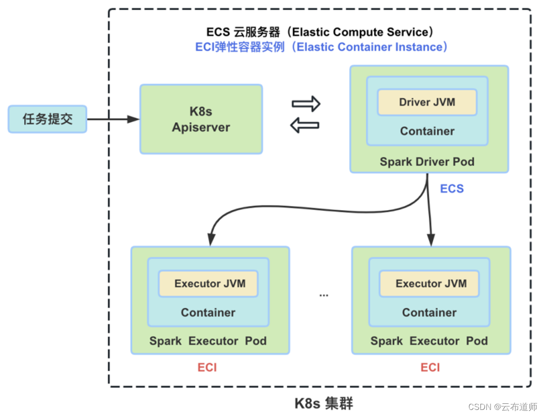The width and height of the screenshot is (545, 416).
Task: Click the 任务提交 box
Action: pyautogui.click(x=47, y=119)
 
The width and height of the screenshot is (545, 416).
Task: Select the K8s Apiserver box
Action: pyautogui.click(x=201, y=119)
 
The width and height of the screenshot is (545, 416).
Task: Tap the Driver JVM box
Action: pyautogui.click(x=427, y=102)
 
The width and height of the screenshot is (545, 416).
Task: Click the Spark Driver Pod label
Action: pyautogui.click(x=427, y=162)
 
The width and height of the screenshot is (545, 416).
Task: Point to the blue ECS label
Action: pyautogui.click(x=452, y=189)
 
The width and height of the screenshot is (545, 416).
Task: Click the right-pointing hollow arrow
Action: pyautogui.click(x=306, y=103)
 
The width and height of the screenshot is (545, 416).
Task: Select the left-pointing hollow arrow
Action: pyautogui.click(x=306, y=126)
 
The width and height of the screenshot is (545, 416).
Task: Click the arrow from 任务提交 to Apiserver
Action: pyautogui.click(x=113, y=119)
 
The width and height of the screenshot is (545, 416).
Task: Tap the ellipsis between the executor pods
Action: pyautogui.click(x=323, y=295)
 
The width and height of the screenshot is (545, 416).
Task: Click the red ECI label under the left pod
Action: pyautogui.click(x=207, y=368)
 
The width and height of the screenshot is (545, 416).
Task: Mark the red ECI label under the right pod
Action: pyautogui.click(x=430, y=368)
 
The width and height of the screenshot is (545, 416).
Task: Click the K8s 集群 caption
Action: pyautogui.click(x=323, y=404)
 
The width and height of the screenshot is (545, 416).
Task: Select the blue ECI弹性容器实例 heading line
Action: pyautogui.click(x=321, y=47)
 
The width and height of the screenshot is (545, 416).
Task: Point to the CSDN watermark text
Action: pyautogui.click(x=503, y=407)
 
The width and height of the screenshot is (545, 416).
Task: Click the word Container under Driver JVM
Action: pyautogui.click(x=427, y=131)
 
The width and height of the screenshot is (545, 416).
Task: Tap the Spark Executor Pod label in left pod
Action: pyautogui.click(x=208, y=341)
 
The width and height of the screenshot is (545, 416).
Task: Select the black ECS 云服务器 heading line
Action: pyautogui.click(x=320, y=32)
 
